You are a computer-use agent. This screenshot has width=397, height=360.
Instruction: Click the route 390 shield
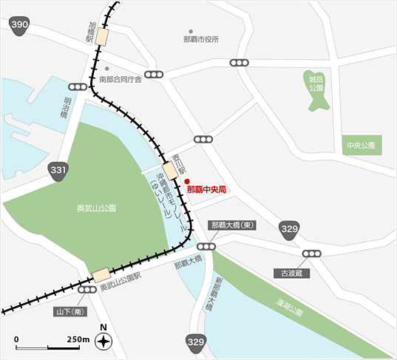click(20, 27)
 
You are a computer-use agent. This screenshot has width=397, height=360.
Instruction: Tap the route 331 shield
click(59, 171)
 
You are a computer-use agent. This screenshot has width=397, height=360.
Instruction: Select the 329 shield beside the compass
click(195, 342)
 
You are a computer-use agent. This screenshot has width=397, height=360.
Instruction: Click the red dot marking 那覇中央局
click(188, 181)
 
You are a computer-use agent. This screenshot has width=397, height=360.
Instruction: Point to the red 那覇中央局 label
click(206, 190)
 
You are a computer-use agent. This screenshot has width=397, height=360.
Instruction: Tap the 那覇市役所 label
click(201, 40)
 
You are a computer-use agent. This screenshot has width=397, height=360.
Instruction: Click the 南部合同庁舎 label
click(120, 79)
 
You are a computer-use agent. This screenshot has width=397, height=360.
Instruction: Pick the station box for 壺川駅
click(171, 171)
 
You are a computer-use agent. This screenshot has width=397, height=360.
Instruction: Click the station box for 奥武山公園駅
click(101, 275)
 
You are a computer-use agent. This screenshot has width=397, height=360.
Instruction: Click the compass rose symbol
click(104, 342)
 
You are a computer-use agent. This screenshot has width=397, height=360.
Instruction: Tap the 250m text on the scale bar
click(78, 339)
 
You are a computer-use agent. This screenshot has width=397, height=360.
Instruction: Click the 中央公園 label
click(362, 146)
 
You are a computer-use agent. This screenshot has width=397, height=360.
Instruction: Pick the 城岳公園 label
click(316, 82)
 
